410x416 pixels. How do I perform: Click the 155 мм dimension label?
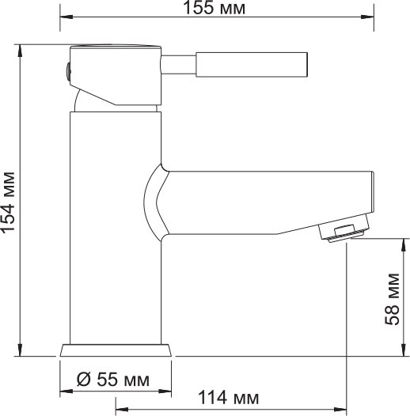click(x=218, y=9)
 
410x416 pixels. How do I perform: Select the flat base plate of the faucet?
click(x=116, y=351)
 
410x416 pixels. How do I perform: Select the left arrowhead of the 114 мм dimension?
click(x=120, y=409)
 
